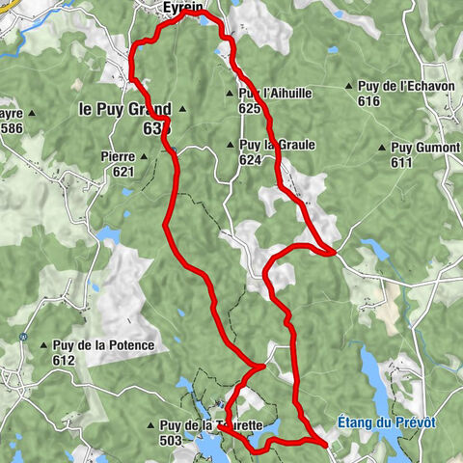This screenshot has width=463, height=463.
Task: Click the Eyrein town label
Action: tap(183, 8)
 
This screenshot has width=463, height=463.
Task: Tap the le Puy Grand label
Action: tap(124, 109)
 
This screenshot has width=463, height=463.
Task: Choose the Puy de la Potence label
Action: tap(93, 346)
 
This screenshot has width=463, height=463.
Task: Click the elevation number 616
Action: tap(368, 101)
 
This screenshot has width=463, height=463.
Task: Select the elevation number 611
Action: tap(401, 163)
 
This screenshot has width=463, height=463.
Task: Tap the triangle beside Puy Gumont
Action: tap(382, 148)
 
